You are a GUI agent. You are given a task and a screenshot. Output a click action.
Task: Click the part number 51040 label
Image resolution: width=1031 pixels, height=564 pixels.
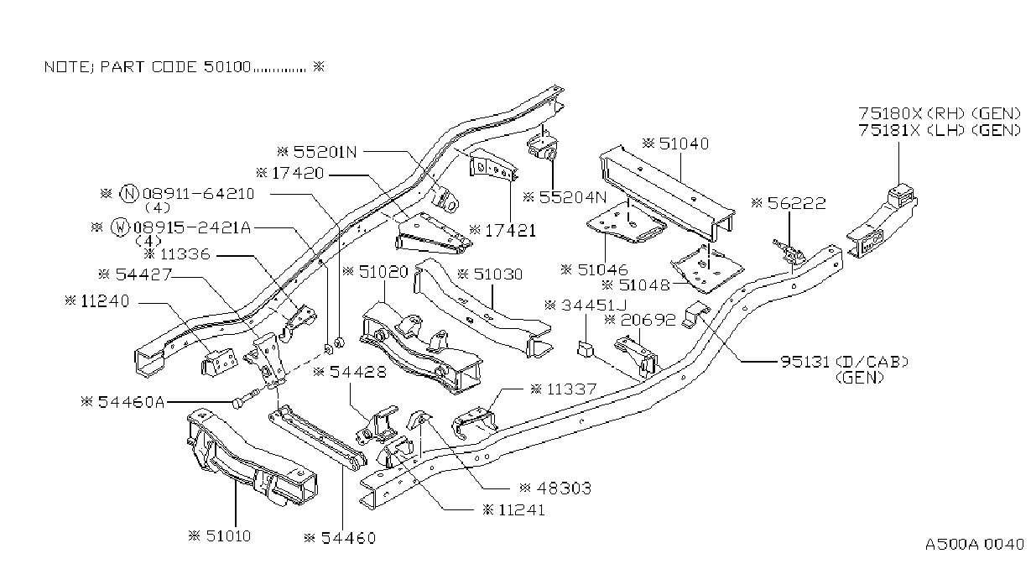(684, 144)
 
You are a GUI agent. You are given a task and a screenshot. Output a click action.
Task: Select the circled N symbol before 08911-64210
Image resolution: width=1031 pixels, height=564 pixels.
(129, 194)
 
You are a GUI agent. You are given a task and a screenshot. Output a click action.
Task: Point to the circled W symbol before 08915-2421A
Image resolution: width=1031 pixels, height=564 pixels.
(120, 227)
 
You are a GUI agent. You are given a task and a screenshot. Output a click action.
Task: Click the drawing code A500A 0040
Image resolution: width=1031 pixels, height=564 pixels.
(975, 544)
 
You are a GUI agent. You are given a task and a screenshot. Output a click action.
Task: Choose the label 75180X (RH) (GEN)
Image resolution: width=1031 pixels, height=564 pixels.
(940, 113)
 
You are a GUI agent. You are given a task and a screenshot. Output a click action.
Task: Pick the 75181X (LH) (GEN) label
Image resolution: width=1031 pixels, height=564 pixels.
(940, 130)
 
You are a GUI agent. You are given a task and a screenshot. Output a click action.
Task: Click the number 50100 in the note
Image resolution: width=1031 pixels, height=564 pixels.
(227, 67)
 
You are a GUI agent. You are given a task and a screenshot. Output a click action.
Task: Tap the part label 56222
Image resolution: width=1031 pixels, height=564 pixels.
(797, 203)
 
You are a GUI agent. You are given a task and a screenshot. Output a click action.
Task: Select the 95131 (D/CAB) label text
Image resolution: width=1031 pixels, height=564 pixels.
(845, 362)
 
